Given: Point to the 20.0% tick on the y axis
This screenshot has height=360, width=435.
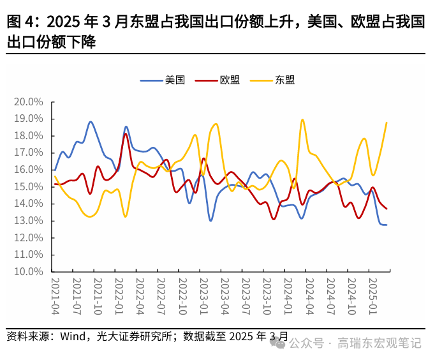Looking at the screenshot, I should pyautogui.click(x=28, y=101).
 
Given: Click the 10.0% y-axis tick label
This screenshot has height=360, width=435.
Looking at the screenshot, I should pyautogui.click(x=28, y=271).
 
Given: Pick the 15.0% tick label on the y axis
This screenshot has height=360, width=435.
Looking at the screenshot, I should pyautogui.click(x=28, y=186).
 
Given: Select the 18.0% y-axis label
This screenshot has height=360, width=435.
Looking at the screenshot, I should pyautogui.click(x=28, y=135).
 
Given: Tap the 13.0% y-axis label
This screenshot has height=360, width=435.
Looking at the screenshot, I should pyautogui.click(x=28, y=220).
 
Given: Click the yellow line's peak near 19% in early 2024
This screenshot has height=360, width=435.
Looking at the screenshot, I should pyautogui.click(x=302, y=119).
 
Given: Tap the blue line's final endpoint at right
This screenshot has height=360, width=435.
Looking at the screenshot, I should pyautogui.click(x=387, y=225).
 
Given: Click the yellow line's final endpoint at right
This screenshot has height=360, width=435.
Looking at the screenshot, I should pyautogui.click(x=387, y=123).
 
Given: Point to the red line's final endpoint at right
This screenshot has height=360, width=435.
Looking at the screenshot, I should pyautogui.click(x=387, y=209).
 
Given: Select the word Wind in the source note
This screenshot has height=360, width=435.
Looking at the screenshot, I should pyautogui.click(x=77, y=336).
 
